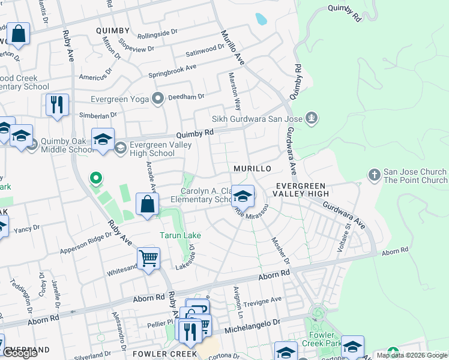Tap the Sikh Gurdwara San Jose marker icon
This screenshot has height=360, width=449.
click(x=311, y=118)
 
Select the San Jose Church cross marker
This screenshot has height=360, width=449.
click(x=374, y=175)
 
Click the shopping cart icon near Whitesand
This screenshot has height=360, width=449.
click(x=148, y=259)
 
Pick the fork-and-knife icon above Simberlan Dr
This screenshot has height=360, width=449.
click(x=57, y=104)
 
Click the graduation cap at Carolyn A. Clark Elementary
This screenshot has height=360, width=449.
click(x=243, y=196)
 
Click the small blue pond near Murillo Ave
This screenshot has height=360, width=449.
click(x=261, y=19)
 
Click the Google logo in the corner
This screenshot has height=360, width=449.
click(x=20, y=353)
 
